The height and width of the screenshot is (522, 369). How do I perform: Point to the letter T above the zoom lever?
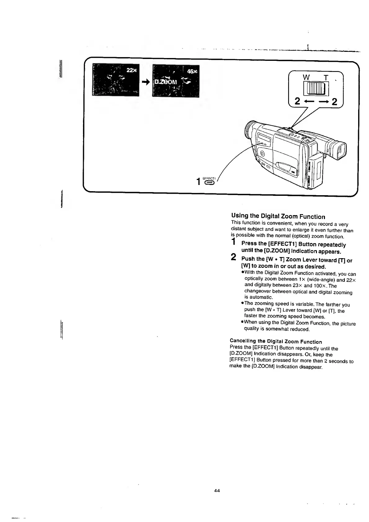click(x=326, y=78)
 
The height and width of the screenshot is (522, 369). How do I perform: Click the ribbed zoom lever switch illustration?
click(x=313, y=89)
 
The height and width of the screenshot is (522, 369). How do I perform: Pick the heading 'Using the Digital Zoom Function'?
click(x=278, y=216)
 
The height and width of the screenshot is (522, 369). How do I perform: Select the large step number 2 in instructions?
click(x=234, y=257)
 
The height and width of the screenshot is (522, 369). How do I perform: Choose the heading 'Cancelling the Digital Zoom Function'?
click(x=276, y=342)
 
